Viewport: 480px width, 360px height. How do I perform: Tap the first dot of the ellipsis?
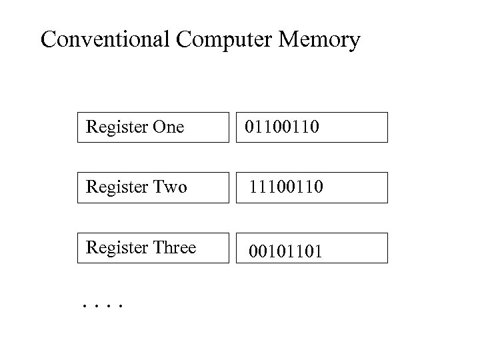click(85, 307)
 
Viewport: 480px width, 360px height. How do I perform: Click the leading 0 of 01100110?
click(249, 127)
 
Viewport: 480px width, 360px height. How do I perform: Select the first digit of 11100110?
click(253, 188)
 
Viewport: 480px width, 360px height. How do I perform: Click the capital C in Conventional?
click(49, 40)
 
